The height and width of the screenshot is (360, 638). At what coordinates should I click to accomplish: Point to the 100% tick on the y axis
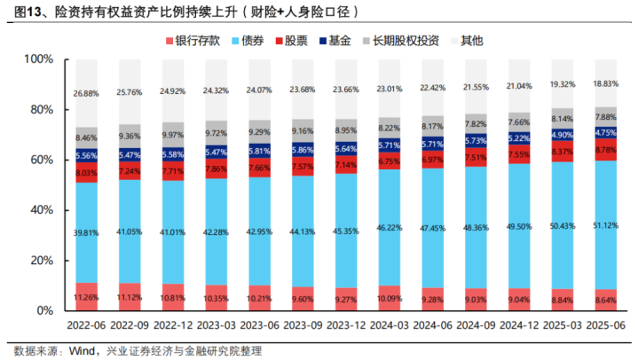38,59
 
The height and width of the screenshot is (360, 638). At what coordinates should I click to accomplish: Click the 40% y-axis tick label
41,210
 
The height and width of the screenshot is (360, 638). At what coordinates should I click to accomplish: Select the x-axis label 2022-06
87,327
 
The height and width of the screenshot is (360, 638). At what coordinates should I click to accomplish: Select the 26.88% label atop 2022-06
87,92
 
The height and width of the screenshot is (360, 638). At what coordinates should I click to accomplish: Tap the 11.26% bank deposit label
87,298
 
